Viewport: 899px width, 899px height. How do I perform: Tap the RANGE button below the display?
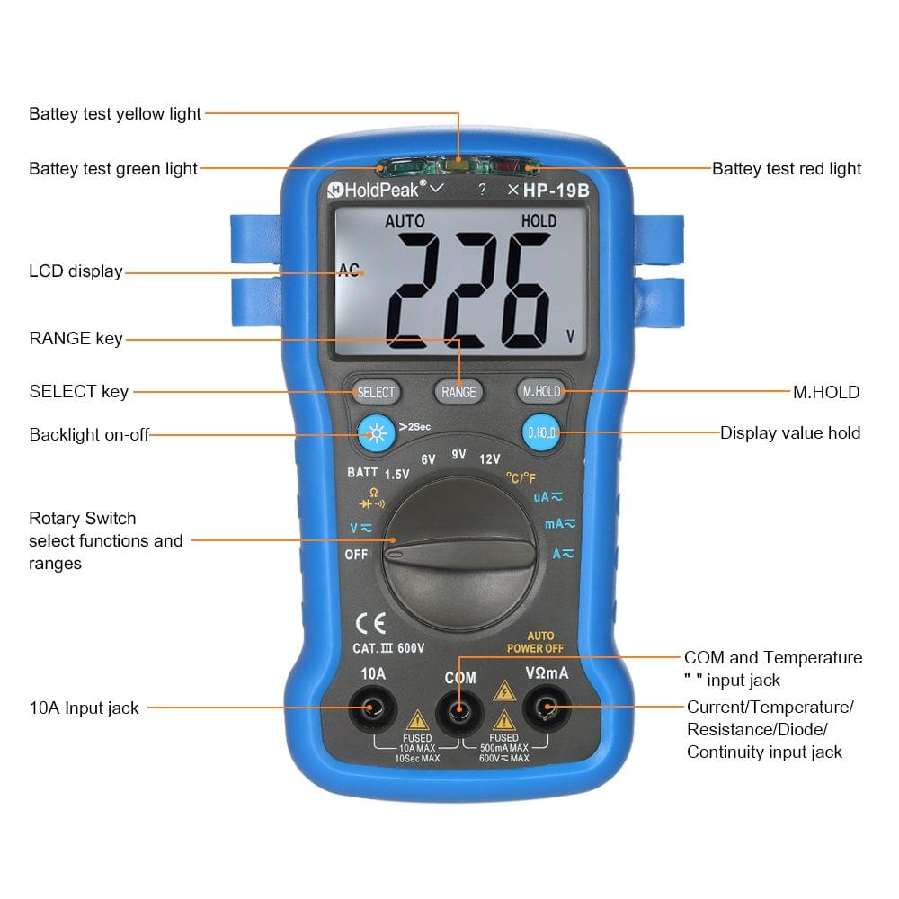458,392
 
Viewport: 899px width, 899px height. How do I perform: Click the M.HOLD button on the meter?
541,391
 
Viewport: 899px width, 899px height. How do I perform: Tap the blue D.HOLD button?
541,433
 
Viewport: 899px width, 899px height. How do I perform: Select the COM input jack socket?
459,711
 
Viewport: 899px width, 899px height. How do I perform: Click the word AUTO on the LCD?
405,221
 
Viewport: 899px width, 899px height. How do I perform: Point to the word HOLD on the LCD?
539,221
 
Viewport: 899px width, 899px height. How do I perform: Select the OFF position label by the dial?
356,555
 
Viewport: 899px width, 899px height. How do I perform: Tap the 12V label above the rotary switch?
489,458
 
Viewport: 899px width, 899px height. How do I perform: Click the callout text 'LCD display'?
76,271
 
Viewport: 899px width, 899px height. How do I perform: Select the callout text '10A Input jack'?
84,708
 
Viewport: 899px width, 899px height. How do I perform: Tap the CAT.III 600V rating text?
388,647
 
